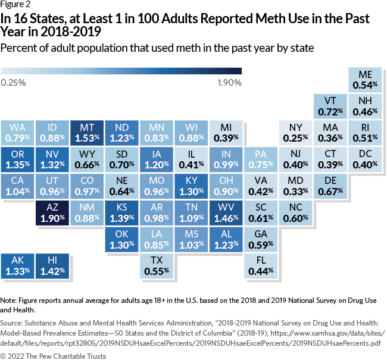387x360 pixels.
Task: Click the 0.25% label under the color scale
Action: point(13,83)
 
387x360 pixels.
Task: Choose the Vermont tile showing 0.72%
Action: point(330,105)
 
